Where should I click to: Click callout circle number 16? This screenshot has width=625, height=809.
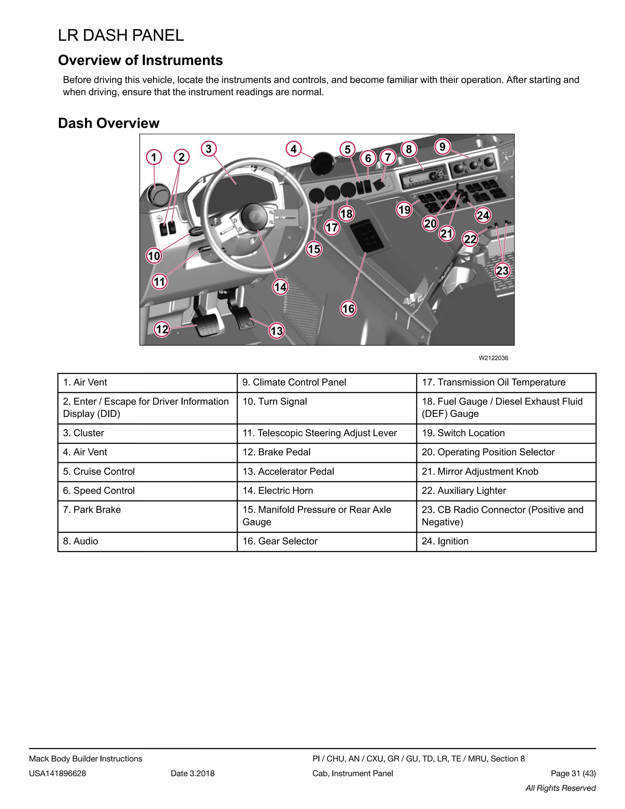pos(348,309)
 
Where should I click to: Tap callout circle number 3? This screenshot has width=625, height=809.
pos(209,149)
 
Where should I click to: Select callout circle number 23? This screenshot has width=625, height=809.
pos(502,270)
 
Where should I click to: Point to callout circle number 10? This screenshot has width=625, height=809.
pos(154,256)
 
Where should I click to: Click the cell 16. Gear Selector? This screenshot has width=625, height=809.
pos(327,541)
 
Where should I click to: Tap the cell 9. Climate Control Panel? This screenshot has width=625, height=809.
pos(327,382)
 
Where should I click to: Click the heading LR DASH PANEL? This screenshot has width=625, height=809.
pos(121,35)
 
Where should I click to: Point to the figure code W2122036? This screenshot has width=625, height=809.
pos(493,358)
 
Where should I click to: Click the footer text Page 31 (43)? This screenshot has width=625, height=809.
pos(573,774)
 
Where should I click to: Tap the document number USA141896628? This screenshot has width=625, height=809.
pos(57,774)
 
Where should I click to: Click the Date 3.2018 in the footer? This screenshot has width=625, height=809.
pos(193,774)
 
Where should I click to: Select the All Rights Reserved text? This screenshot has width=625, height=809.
pos(560,788)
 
